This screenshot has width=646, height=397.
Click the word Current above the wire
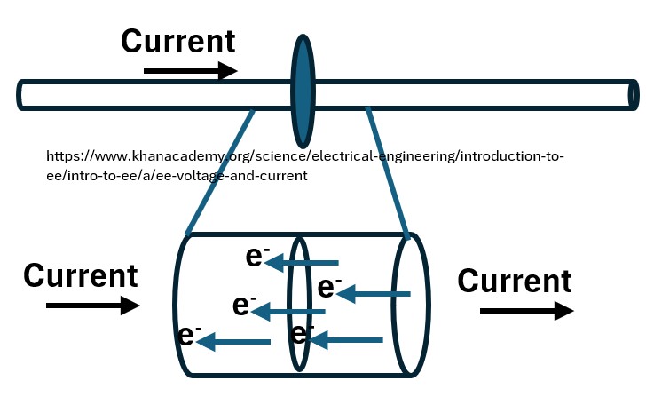(177, 41)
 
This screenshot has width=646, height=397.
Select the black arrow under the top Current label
(190, 70)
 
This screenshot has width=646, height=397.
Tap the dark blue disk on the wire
(303, 92)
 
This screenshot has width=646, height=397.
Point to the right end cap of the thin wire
(633, 93)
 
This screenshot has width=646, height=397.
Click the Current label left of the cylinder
(81, 275)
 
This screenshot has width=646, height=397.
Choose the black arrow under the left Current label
(92, 306)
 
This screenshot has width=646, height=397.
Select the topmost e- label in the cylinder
(257, 257)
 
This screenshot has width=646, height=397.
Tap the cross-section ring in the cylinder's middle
(299, 304)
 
